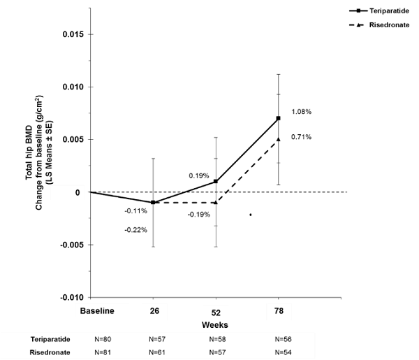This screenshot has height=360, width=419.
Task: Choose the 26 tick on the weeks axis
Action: coord(153,310)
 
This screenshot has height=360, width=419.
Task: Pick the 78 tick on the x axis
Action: coord(278,310)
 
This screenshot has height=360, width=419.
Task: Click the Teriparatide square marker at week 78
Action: coord(278,118)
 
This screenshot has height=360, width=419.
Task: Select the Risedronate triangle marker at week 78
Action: coord(278,139)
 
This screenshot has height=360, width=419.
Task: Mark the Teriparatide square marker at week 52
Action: coord(216,182)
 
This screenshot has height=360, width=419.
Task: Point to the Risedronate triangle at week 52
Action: coord(216,202)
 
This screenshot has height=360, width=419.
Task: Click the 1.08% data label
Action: coord(301,112)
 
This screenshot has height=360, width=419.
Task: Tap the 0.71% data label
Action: coord(301,137)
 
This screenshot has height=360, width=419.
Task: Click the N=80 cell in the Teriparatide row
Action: coord(103,338)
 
